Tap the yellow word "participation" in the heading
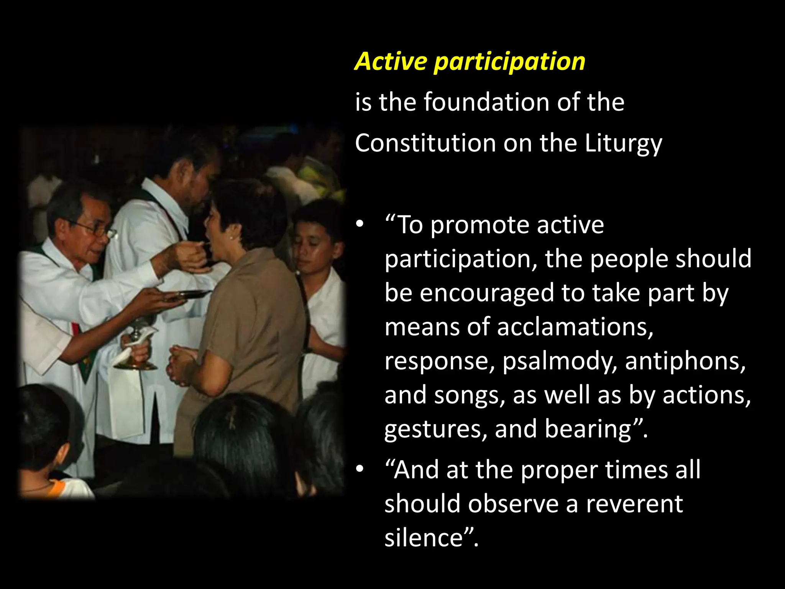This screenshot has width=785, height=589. [509, 62]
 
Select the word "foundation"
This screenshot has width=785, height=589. [488, 102]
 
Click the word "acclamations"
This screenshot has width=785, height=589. [575, 327]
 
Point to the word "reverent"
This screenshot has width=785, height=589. [634, 504]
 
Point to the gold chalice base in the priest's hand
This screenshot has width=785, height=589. [135, 365]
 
